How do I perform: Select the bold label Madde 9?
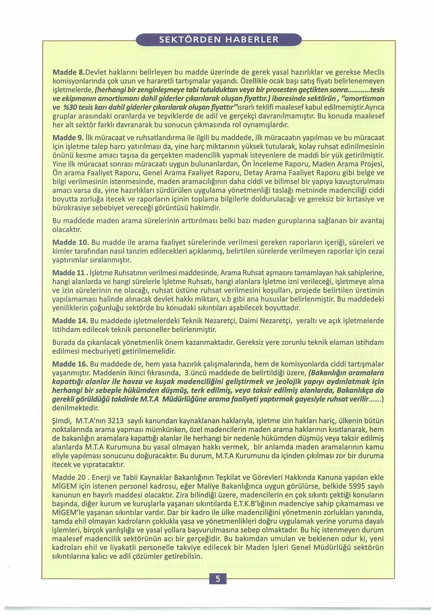click(x=68, y=138)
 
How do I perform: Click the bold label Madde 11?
click(x=70, y=273)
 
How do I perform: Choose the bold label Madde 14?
click(x=70, y=321)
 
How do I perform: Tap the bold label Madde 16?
click(x=70, y=364)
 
